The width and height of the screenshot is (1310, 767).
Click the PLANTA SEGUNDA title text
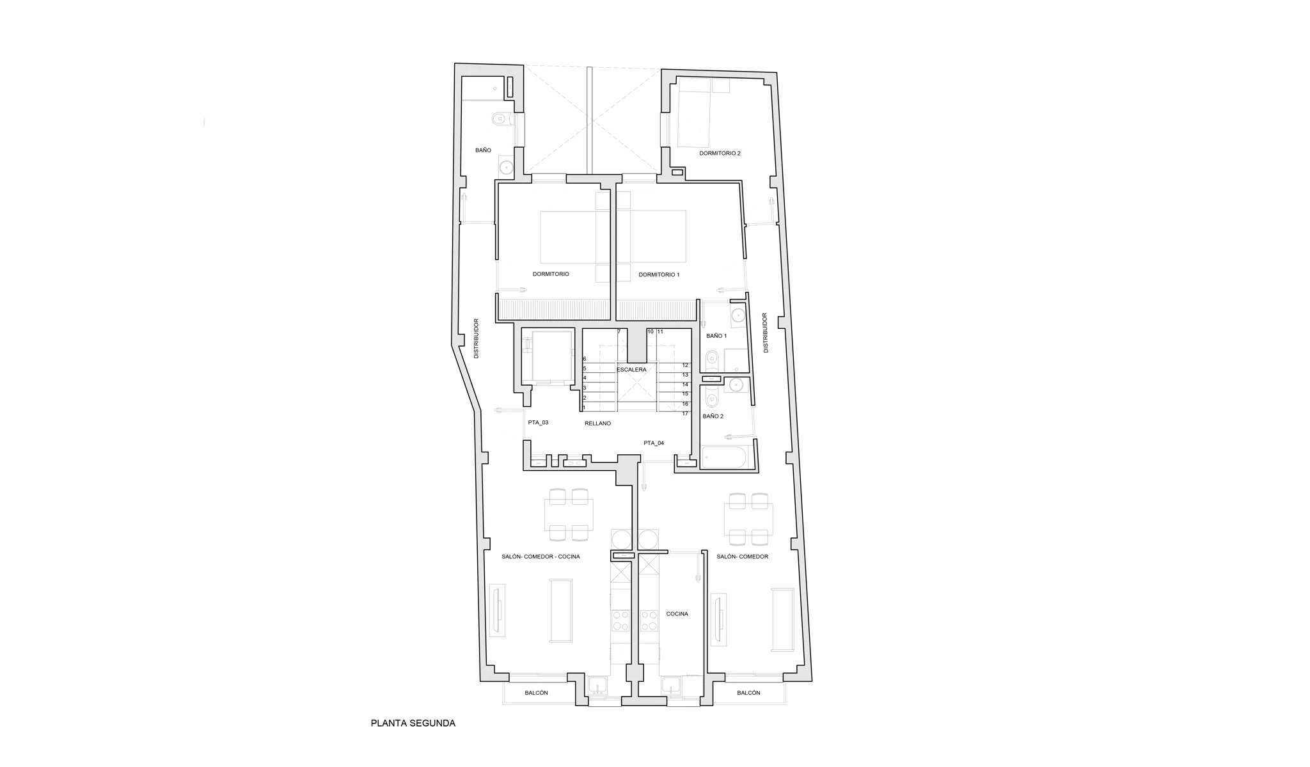tap(413, 724)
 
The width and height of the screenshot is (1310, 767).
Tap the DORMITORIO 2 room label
tap(720, 154)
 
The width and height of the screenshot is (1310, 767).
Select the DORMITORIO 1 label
tap(659, 274)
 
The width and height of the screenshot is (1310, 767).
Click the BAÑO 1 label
tap(716, 336)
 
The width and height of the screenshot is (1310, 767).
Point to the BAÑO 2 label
tap(713, 416)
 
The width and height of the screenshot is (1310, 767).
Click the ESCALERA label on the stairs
tap(631, 370)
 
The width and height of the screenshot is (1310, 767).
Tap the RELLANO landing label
tap(597, 423)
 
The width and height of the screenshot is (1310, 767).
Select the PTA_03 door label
tap(538, 423)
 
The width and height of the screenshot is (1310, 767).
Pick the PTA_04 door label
tap(654, 443)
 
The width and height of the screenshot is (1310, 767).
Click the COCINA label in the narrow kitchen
tap(677, 614)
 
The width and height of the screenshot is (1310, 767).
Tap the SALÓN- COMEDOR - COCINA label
tap(541, 557)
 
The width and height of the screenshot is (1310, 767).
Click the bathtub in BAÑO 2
tap(724, 457)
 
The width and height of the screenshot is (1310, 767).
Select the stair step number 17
tap(685, 414)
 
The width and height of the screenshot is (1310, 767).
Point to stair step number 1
tap(584, 408)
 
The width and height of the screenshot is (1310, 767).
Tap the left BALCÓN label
tap(536, 693)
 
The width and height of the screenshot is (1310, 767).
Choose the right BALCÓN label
tap(748, 693)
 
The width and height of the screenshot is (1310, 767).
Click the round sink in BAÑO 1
tap(738, 315)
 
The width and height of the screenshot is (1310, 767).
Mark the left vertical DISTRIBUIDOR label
tap(476, 338)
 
